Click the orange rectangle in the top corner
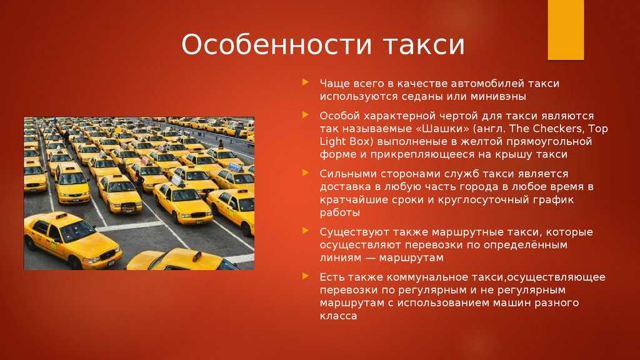(565, 30)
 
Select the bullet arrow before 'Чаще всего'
(305, 82)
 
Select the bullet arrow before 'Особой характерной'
(305, 115)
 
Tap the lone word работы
(339, 213)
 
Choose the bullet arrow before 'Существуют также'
(305, 231)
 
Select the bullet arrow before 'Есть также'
(305, 276)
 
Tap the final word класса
(338, 316)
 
